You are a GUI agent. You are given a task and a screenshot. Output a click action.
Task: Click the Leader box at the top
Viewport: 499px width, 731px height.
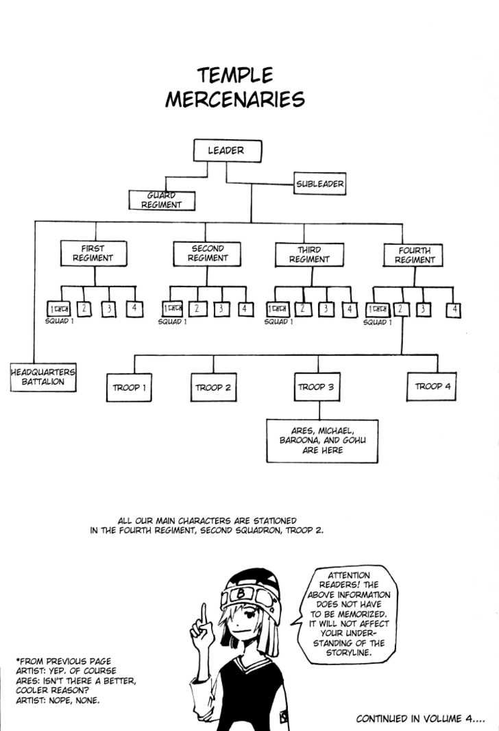226,151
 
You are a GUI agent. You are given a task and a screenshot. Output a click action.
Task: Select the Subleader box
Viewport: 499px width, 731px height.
319,184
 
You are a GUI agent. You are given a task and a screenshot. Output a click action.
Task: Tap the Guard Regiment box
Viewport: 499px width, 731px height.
162,200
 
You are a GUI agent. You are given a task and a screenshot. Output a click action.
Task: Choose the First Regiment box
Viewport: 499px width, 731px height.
93,254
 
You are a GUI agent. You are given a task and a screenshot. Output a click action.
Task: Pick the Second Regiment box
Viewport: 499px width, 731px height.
207,254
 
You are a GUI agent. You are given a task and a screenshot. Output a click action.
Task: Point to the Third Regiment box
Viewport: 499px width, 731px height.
308,254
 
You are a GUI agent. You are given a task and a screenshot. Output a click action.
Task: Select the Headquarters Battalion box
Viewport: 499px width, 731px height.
42,376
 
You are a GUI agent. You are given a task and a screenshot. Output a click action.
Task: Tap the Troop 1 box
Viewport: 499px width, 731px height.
130,387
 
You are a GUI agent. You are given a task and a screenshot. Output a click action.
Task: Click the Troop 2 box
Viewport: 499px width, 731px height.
213,387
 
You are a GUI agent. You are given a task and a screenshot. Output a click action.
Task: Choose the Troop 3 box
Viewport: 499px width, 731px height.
316,387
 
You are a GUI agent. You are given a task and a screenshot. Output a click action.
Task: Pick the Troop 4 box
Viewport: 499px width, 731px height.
433,387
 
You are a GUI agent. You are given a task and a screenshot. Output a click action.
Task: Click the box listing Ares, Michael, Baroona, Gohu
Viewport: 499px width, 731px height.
322,441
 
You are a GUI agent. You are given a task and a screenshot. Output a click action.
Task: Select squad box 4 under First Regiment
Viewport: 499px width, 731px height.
134,309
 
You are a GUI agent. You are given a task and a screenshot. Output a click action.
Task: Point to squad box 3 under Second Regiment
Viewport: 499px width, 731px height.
220,309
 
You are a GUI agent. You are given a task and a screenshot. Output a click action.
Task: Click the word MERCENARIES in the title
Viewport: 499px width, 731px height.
234,99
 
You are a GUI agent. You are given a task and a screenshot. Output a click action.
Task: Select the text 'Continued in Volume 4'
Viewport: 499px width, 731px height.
419,719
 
